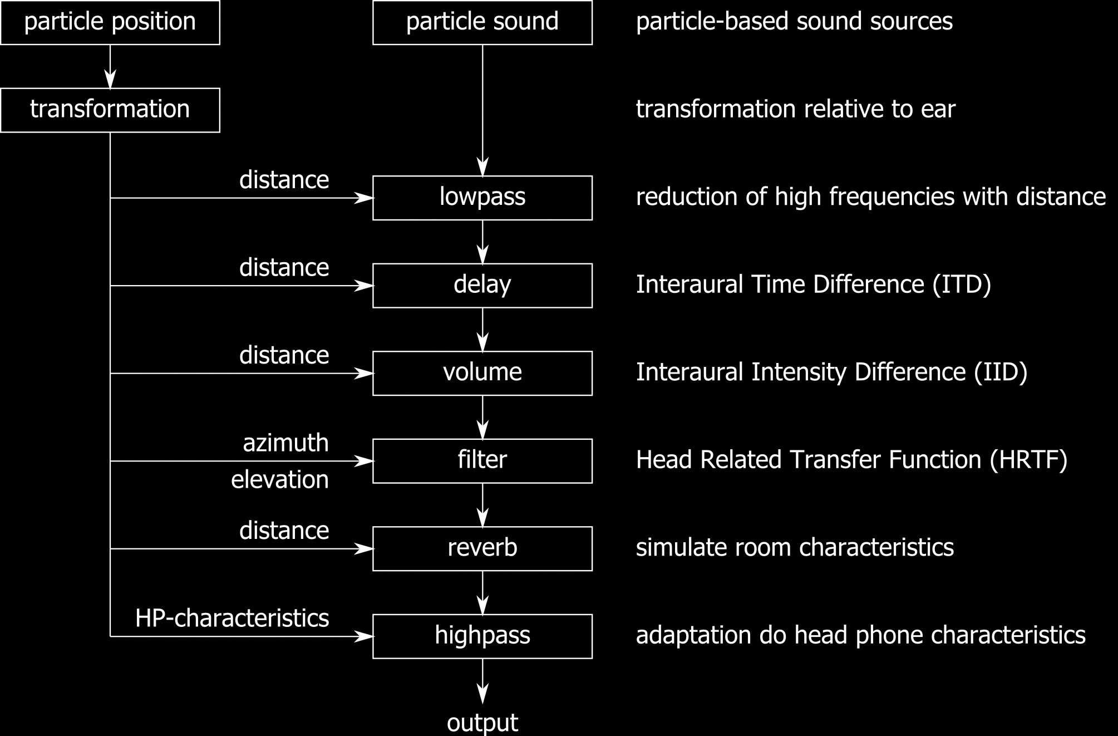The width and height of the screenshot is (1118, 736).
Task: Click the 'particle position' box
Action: tap(110, 22)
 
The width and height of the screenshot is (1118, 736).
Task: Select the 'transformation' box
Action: tap(110, 110)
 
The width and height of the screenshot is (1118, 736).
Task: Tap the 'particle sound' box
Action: tap(482, 22)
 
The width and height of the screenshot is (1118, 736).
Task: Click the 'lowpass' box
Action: tap(482, 198)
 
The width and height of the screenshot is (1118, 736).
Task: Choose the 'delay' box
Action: tap(482, 285)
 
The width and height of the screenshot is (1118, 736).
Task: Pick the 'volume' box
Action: tap(482, 373)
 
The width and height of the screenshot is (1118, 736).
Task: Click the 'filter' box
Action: tap(482, 460)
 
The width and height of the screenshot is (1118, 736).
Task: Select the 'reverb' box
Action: tap(482, 548)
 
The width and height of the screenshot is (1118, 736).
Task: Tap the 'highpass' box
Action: tap(482, 636)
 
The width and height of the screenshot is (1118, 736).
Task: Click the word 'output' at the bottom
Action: tap(482, 723)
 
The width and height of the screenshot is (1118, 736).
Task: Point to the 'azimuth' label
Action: tap(285, 443)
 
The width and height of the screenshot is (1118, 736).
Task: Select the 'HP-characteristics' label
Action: tap(232, 619)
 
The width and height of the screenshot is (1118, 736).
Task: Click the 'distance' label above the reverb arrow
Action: tap(284, 531)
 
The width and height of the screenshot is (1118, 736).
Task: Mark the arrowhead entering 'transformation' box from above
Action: tap(110, 81)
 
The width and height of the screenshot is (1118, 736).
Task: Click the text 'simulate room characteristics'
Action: tap(795, 548)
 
